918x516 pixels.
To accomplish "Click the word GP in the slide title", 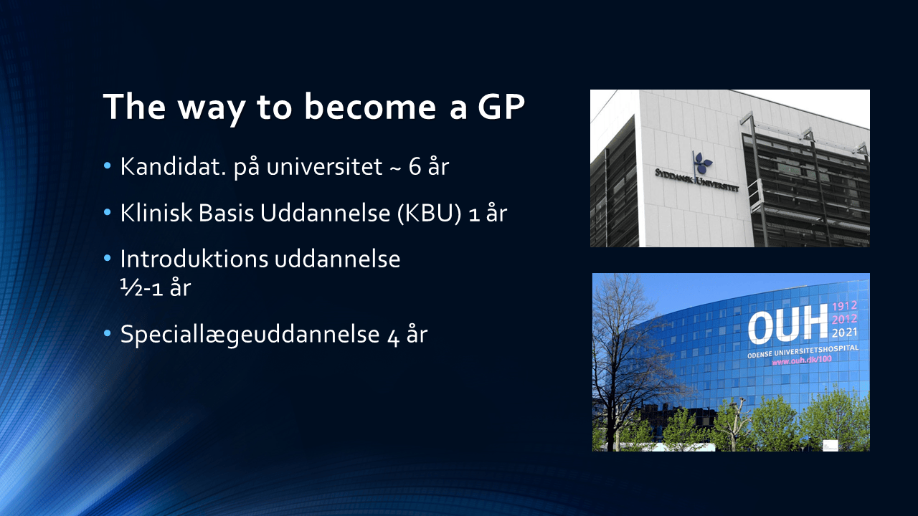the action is click(x=501, y=107).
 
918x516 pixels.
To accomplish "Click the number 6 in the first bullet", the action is click(x=415, y=167).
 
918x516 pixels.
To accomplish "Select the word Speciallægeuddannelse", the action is click(x=250, y=335).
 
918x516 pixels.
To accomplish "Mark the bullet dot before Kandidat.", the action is click(x=108, y=166).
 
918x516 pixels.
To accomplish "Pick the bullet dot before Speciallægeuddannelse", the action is click(x=108, y=333).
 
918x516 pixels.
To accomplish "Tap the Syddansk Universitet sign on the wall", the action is click(x=696, y=180).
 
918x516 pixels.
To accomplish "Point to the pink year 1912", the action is click(x=845, y=305).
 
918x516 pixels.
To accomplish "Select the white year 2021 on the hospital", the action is click(x=845, y=333).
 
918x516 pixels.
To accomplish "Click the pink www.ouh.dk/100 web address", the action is click(x=802, y=360).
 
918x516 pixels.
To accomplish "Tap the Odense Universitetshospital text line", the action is click(x=803, y=351).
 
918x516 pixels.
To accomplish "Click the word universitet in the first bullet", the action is click(x=324, y=167).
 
